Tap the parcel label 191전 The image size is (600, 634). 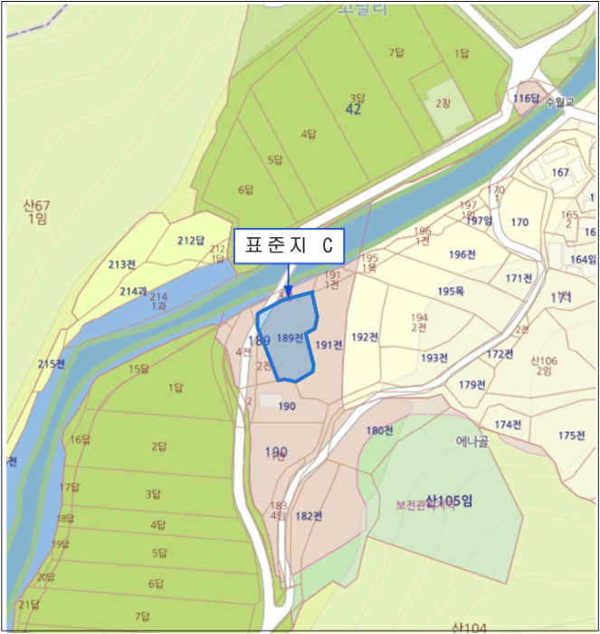[329, 345]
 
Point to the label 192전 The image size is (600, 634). [365, 337]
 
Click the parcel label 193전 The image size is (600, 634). [434, 358]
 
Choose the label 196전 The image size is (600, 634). [462, 255]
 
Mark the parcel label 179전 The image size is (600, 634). [471, 385]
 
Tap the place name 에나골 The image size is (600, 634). [472, 442]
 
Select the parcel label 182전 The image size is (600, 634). [309, 516]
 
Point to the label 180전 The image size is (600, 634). [379, 430]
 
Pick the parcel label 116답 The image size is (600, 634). [526, 98]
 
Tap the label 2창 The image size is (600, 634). [443, 103]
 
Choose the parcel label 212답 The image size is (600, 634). [190, 241]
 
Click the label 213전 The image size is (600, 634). [121, 264]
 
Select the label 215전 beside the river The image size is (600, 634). [52, 364]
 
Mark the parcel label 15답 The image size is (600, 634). [138, 369]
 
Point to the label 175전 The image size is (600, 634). [571, 436]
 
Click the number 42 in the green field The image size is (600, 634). [354, 110]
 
